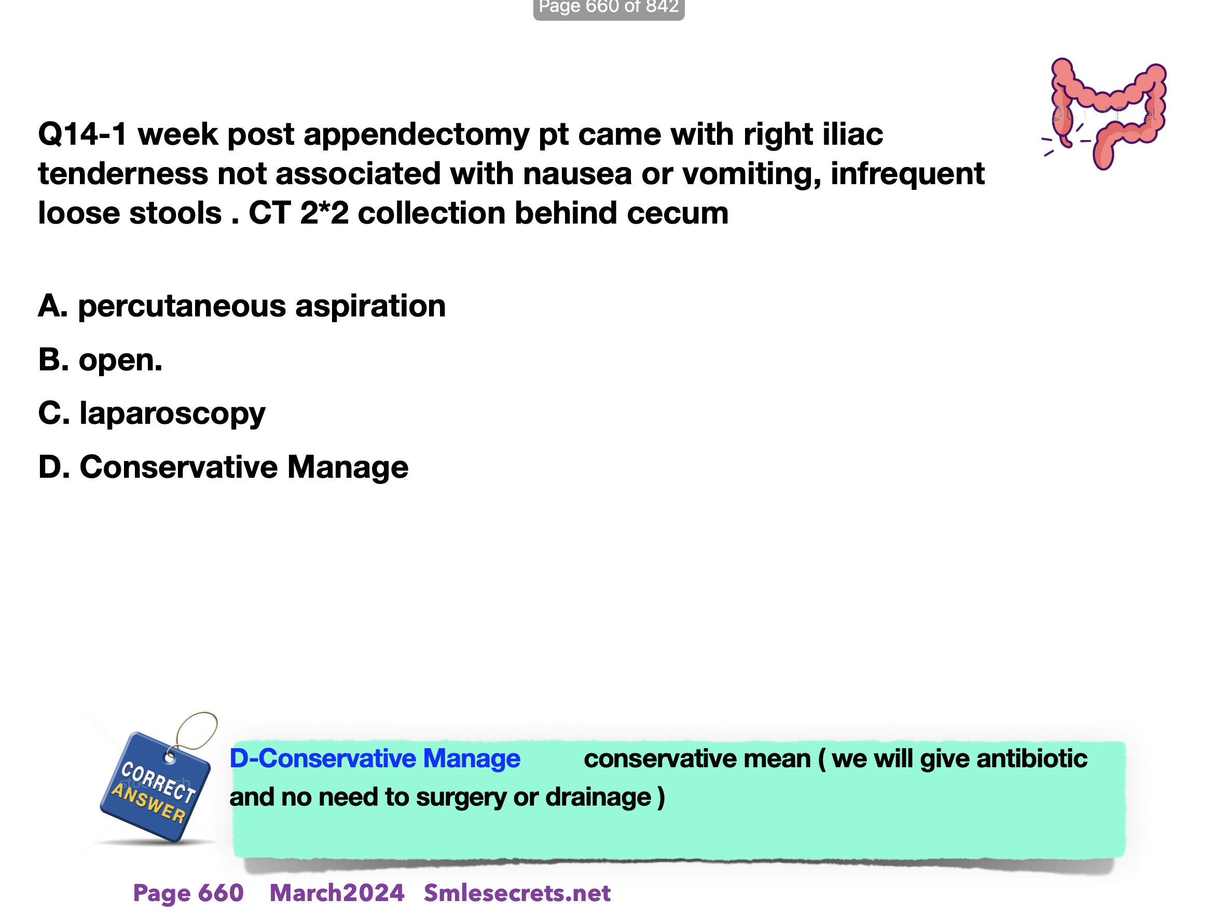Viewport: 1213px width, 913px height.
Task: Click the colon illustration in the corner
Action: pyautogui.click(x=1104, y=113)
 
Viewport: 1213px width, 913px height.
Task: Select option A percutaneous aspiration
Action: pyautogui.click(x=242, y=306)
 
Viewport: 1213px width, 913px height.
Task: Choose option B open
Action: pyautogui.click(x=100, y=360)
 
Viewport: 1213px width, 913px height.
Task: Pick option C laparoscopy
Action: pyautogui.click(x=152, y=414)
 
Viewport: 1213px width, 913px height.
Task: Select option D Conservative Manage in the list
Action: pyautogui.click(x=223, y=467)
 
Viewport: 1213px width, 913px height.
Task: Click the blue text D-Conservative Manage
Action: pyautogui.click(x=375, y=759)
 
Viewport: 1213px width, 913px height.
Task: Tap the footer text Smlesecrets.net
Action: pyautogui.click(x=517, y=893)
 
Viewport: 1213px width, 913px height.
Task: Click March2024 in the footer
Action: pyautogui.click(x=337, y=893)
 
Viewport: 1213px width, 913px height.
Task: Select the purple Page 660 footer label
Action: pyautogui.click(x=188, y=893)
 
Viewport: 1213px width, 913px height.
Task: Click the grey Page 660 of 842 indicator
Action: pyautogui.click(x=609, y=8)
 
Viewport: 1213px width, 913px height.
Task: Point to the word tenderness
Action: pyautogui.click(x=123, y=174)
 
